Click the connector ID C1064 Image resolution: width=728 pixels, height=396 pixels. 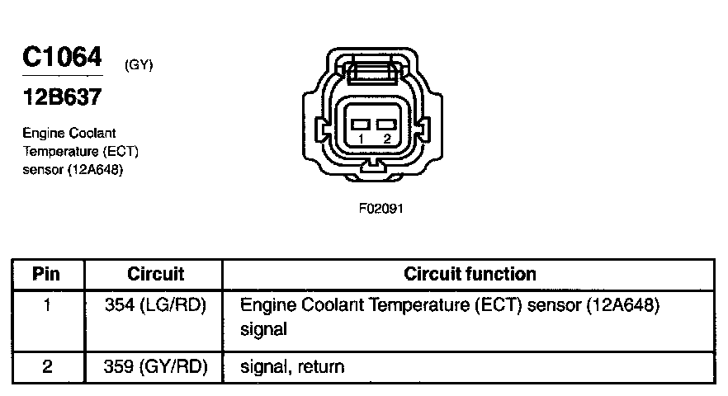[x=61, y=57]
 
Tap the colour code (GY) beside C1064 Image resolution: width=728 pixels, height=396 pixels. [x=139, y=65]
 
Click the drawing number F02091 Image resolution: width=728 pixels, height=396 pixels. [x=381, y=208]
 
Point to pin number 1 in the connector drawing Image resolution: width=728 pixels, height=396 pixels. [x=361, y=139]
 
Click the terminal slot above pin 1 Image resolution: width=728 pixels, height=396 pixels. [x=362, y=124]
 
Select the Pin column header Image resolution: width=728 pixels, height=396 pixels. [x=47, y=274]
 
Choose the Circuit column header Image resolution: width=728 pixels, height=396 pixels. [x=155, y=274]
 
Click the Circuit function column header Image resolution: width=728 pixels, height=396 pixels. [x=470, y=274]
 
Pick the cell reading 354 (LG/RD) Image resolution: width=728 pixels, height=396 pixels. [x=155, y=305]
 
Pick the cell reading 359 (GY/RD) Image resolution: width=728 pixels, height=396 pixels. [x=155, y=366]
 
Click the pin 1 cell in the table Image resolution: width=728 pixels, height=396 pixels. [x=47, y=305]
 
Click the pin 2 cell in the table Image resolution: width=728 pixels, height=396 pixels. [x=47, y=366]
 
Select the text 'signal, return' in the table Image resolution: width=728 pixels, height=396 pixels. [x=291, y=366]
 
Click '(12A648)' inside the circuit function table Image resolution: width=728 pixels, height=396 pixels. [x=625, y=305]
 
